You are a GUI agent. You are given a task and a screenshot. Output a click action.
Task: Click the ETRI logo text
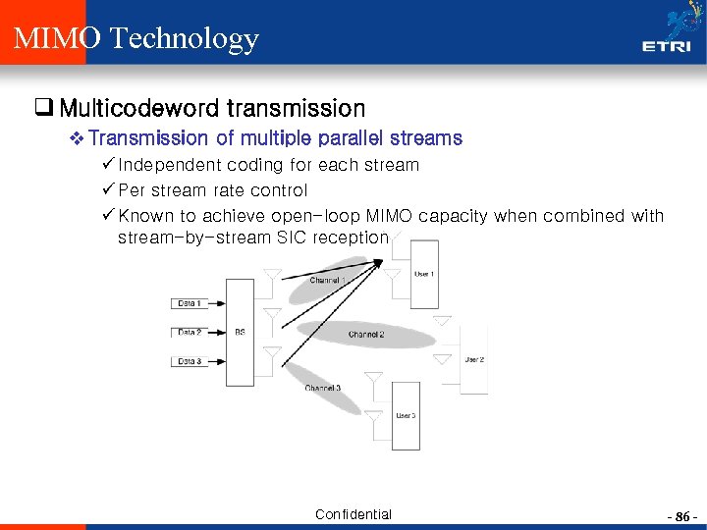pyautogui.click(x=665, y=45)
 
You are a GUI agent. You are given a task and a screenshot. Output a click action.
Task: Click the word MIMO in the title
pyautogui.click(x=57, y=38)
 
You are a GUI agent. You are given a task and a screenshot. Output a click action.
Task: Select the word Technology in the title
pyautogui.click(x=185, y=39)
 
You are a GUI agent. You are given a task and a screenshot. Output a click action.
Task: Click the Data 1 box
pyautogui.click(x=190, y=303)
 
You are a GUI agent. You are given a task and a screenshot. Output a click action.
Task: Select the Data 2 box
pyautogui.click(x=190, y=333)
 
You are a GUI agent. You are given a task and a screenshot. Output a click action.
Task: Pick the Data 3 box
pyautogui.click(x=190, y=362)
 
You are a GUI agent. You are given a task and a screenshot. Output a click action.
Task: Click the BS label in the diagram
pyautogui.click(x=241, y=332)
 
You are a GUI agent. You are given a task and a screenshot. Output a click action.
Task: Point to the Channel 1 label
pyautogui.click(x=325, y=281)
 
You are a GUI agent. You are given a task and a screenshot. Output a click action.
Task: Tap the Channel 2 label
pyautogui.click(x=365, y=335)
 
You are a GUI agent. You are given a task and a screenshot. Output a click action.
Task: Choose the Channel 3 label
pyautogui.click(x=322, y=389)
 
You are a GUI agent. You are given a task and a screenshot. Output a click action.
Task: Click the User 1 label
pyautogui.click(x=423, y=273)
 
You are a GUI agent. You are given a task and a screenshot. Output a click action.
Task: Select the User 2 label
pyautogui.click(x=474, y=359)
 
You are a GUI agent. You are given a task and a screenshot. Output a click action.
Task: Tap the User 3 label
pyautogui.click(x=406, y=415)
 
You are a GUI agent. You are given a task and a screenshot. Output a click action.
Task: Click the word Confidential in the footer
pyautogui.click(x=353, y=514)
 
